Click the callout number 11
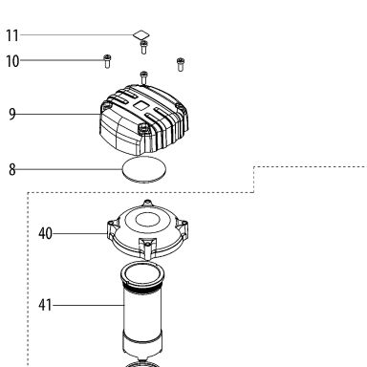click(x=12, y=35)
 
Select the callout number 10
click(x=12, y=61)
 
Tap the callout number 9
click(x=12, y=114)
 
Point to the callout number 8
click(x=12, y=169)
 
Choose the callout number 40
click(x=45, y=233)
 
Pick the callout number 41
click(x=45, y=305)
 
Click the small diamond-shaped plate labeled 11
click(x=141, y=34)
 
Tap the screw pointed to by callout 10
click(x=107, y=61)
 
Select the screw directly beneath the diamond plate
click(x=143, y=47)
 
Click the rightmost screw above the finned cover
click(x=181, y=64)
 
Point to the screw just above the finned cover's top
click(x=144, y=77)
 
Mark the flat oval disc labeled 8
click(x=144, y=170)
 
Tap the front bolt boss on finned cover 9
click(x=143, y=128)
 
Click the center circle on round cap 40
click(x=147, y=220)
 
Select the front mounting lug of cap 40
click(x=147, y=248)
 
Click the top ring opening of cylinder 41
click(x=142, y=273)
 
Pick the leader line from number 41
click(x=88, y=305)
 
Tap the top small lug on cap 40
click(x=147, y=203)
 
